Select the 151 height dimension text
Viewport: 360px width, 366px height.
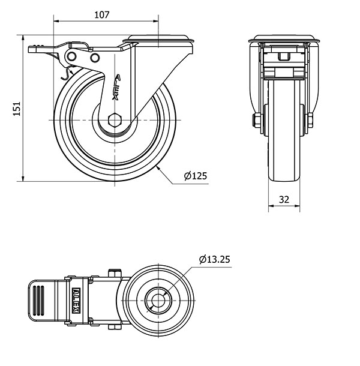[x=18, y=108]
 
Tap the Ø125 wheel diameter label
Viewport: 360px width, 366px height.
[x=195, y=176]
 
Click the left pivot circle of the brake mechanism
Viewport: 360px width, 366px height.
[x=72, y=56]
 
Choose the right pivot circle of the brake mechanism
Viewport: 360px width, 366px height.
[x=95, y=57]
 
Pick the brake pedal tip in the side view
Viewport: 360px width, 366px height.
[x=31, y=50]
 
